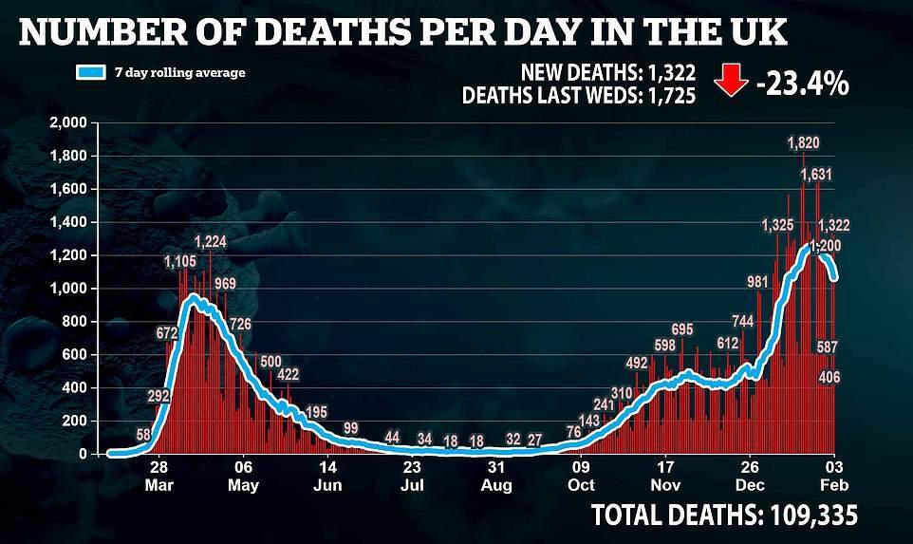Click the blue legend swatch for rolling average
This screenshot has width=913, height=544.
click(93, 71)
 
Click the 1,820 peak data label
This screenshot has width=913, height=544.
click(804, 143)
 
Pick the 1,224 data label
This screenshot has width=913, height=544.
click(209, 242)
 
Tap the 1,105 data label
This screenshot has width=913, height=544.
click(180, 261)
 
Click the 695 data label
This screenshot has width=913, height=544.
click(682, 330)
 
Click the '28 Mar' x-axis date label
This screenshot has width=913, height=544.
click(158, 475)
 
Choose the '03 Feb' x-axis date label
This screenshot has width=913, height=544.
click(833, 475)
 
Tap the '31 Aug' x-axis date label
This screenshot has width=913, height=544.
click(496, 475)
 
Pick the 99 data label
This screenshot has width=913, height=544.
click(351, 428)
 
